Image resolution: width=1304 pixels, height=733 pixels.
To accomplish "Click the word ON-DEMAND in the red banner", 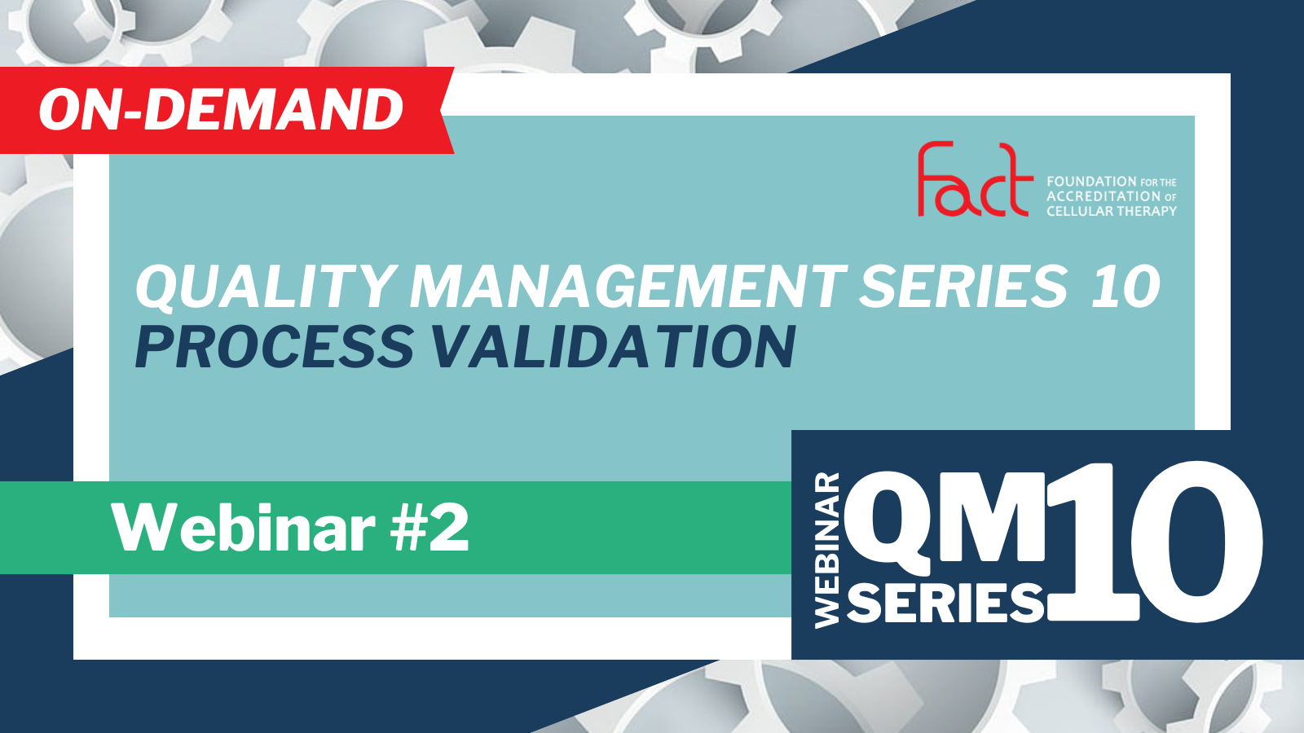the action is point(221,111).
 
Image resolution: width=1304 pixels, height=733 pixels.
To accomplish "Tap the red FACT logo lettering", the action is point(975,179).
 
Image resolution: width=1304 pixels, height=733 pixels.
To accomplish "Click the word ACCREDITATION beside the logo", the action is point(1102,196).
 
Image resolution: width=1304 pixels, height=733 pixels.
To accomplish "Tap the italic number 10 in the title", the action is point(1126,286).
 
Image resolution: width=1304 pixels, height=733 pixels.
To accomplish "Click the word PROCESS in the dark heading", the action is point(274,347).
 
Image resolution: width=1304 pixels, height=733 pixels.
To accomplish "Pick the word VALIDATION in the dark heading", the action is point(613,347).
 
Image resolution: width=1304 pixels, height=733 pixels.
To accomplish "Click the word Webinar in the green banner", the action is point(244,529).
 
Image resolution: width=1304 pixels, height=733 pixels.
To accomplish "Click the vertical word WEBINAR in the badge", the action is point(827,551).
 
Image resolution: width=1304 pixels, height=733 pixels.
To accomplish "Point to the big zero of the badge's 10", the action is point(1197,541).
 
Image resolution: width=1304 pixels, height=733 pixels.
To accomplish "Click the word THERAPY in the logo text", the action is point(1148,211).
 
